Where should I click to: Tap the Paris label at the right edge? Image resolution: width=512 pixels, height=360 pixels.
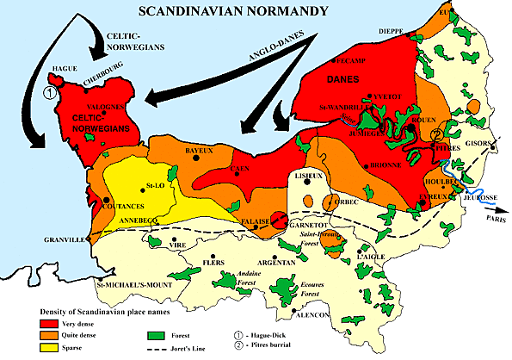pyautogui.click(x=495, y=219)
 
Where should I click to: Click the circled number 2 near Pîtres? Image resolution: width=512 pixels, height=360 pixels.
pyautogui.click(x=437, y=134)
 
